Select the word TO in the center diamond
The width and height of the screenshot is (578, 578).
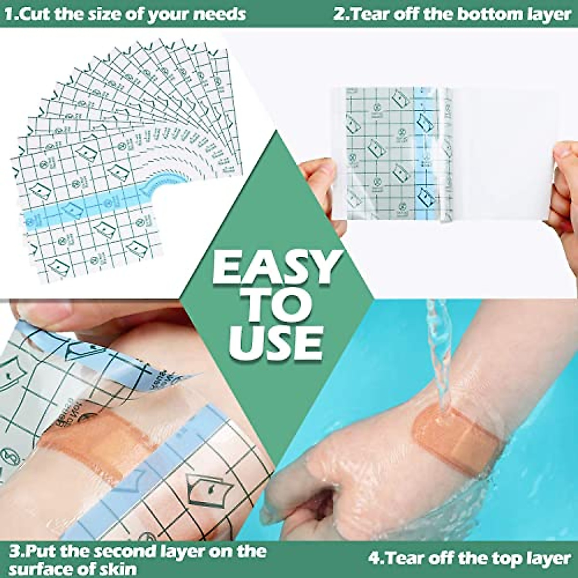[276, 305]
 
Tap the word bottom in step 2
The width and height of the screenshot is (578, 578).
[486, 13]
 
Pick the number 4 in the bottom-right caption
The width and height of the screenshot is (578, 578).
[374, 558]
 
